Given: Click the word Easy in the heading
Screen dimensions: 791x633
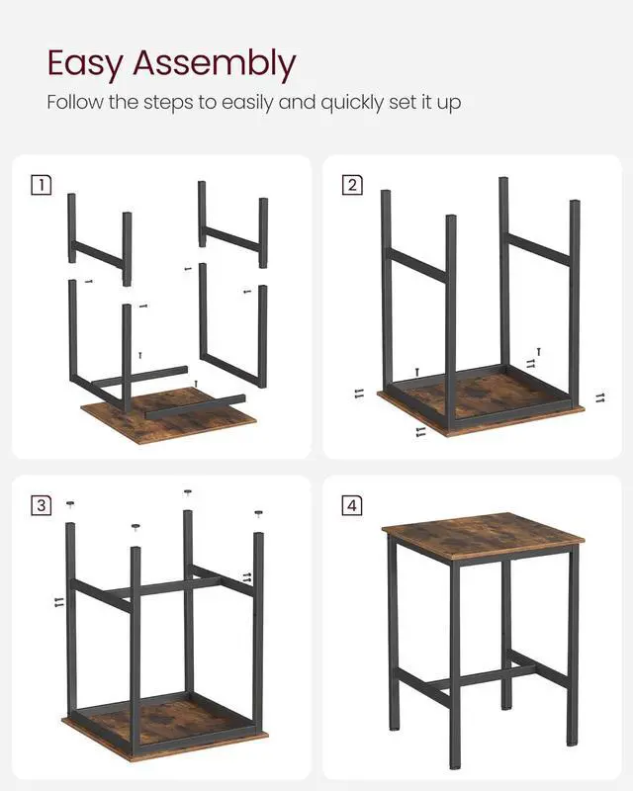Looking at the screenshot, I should pyautogui.click(x=85, y=63).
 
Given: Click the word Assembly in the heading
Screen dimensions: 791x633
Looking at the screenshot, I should pyautogui.click(x=213, y=65).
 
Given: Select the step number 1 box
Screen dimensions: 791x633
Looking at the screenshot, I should pyautogui.click(x=41, y=183).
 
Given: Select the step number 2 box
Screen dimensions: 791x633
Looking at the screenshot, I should pyautogui.click(x=352, y=183).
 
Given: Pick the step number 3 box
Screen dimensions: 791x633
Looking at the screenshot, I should pyautogui.click(x=41, y=505).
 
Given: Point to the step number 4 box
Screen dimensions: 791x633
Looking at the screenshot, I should pyautogui.click(x=352, y=505).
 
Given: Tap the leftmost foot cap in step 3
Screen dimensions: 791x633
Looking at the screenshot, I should pyautogui.click(x=70, y=505).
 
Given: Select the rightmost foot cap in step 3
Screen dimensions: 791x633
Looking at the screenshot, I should pyautogui.click(x=258, y=513).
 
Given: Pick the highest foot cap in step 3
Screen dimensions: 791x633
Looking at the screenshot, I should pyautogui.click(x=188, y=492).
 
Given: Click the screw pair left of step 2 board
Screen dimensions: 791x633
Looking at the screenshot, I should pyautogui.click(x=358, y=394).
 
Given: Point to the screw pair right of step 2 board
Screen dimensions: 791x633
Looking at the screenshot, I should pyautogui.click(x=599, y=397).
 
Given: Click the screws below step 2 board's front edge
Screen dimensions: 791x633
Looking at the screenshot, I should pyautogui.click(x=421, y=431).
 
